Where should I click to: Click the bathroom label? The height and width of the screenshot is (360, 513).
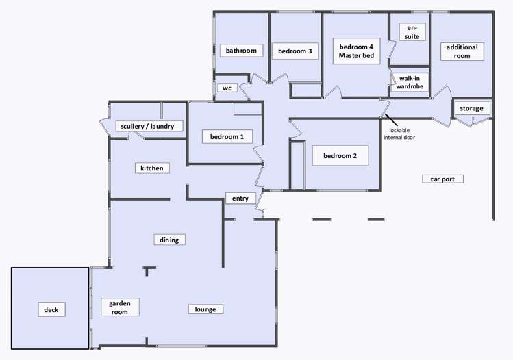pyautogui.click(x=241, y=51)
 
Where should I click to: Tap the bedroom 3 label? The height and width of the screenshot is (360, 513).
pyautogui.click(x=295, y=51)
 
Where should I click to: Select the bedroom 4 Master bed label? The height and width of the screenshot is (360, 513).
pyautogui.click(x=356, y=51)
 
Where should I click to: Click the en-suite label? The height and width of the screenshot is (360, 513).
pyautogui.click(x=411, y=31)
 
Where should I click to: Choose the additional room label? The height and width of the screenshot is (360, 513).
pyautogui.click(x=462, y=51)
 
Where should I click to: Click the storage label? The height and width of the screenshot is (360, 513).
pyautogui.click(x=471, y=108)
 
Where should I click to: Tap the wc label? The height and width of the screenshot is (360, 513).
pyautogui.click(x=226, y=88)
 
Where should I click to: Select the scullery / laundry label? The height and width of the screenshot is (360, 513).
pyautogui.click(x=151, y=126)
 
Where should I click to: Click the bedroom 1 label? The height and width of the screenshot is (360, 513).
pyautogui.click(x=227, y=137)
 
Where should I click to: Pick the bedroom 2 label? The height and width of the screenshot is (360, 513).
pyautogui.click(x=340, y=155)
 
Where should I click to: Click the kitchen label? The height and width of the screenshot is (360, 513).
pyautogui.click(x=151, y=168)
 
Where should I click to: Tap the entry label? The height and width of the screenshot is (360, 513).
pyautogui.click(x=240, y=198)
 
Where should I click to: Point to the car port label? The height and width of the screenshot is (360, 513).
pyautogui.click(x=442, y=179)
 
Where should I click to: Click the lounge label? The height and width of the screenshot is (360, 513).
pyautogui.click(x=205, y=309)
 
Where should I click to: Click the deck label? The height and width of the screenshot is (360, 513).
pyautogui.click(x=51, y=309)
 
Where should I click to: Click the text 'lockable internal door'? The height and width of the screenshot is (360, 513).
pyautogui.click(x=400, y=133)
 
